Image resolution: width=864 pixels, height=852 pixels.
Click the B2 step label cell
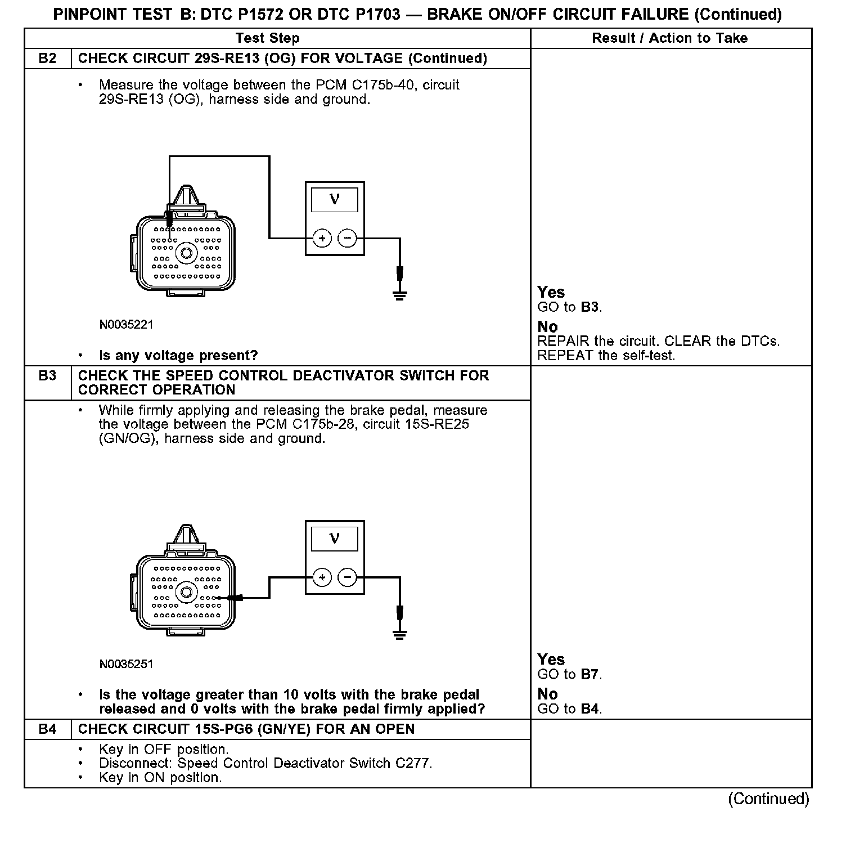(48, 59)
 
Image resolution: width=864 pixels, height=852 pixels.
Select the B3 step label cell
(48, 376)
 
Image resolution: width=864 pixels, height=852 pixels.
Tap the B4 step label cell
(48, 729)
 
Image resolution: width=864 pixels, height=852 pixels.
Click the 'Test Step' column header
(267, 38)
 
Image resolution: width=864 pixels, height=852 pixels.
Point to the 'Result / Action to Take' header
(669, 38)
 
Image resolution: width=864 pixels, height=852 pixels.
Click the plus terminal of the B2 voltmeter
(322, 239)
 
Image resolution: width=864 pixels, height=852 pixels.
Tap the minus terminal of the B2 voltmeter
(347, 239)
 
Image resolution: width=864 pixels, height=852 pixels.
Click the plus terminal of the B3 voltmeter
(322, 577)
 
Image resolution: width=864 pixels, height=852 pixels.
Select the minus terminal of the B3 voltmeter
(347, 577)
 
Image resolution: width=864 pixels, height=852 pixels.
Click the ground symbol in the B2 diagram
(399, 295)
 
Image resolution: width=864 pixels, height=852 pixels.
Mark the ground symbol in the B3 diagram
(399, 635)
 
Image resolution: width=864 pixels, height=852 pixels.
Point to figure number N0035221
(126, 325)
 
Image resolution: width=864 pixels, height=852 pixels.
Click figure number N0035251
(126, 664)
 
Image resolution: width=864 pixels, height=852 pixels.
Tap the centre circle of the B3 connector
(186, 591)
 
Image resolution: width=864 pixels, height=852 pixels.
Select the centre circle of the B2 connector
(186, 253)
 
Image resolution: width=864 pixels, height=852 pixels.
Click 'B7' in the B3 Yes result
(589, 674)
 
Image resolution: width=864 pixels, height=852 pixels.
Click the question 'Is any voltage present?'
(178, 356)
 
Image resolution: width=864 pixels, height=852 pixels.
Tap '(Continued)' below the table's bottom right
(768, 799)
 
